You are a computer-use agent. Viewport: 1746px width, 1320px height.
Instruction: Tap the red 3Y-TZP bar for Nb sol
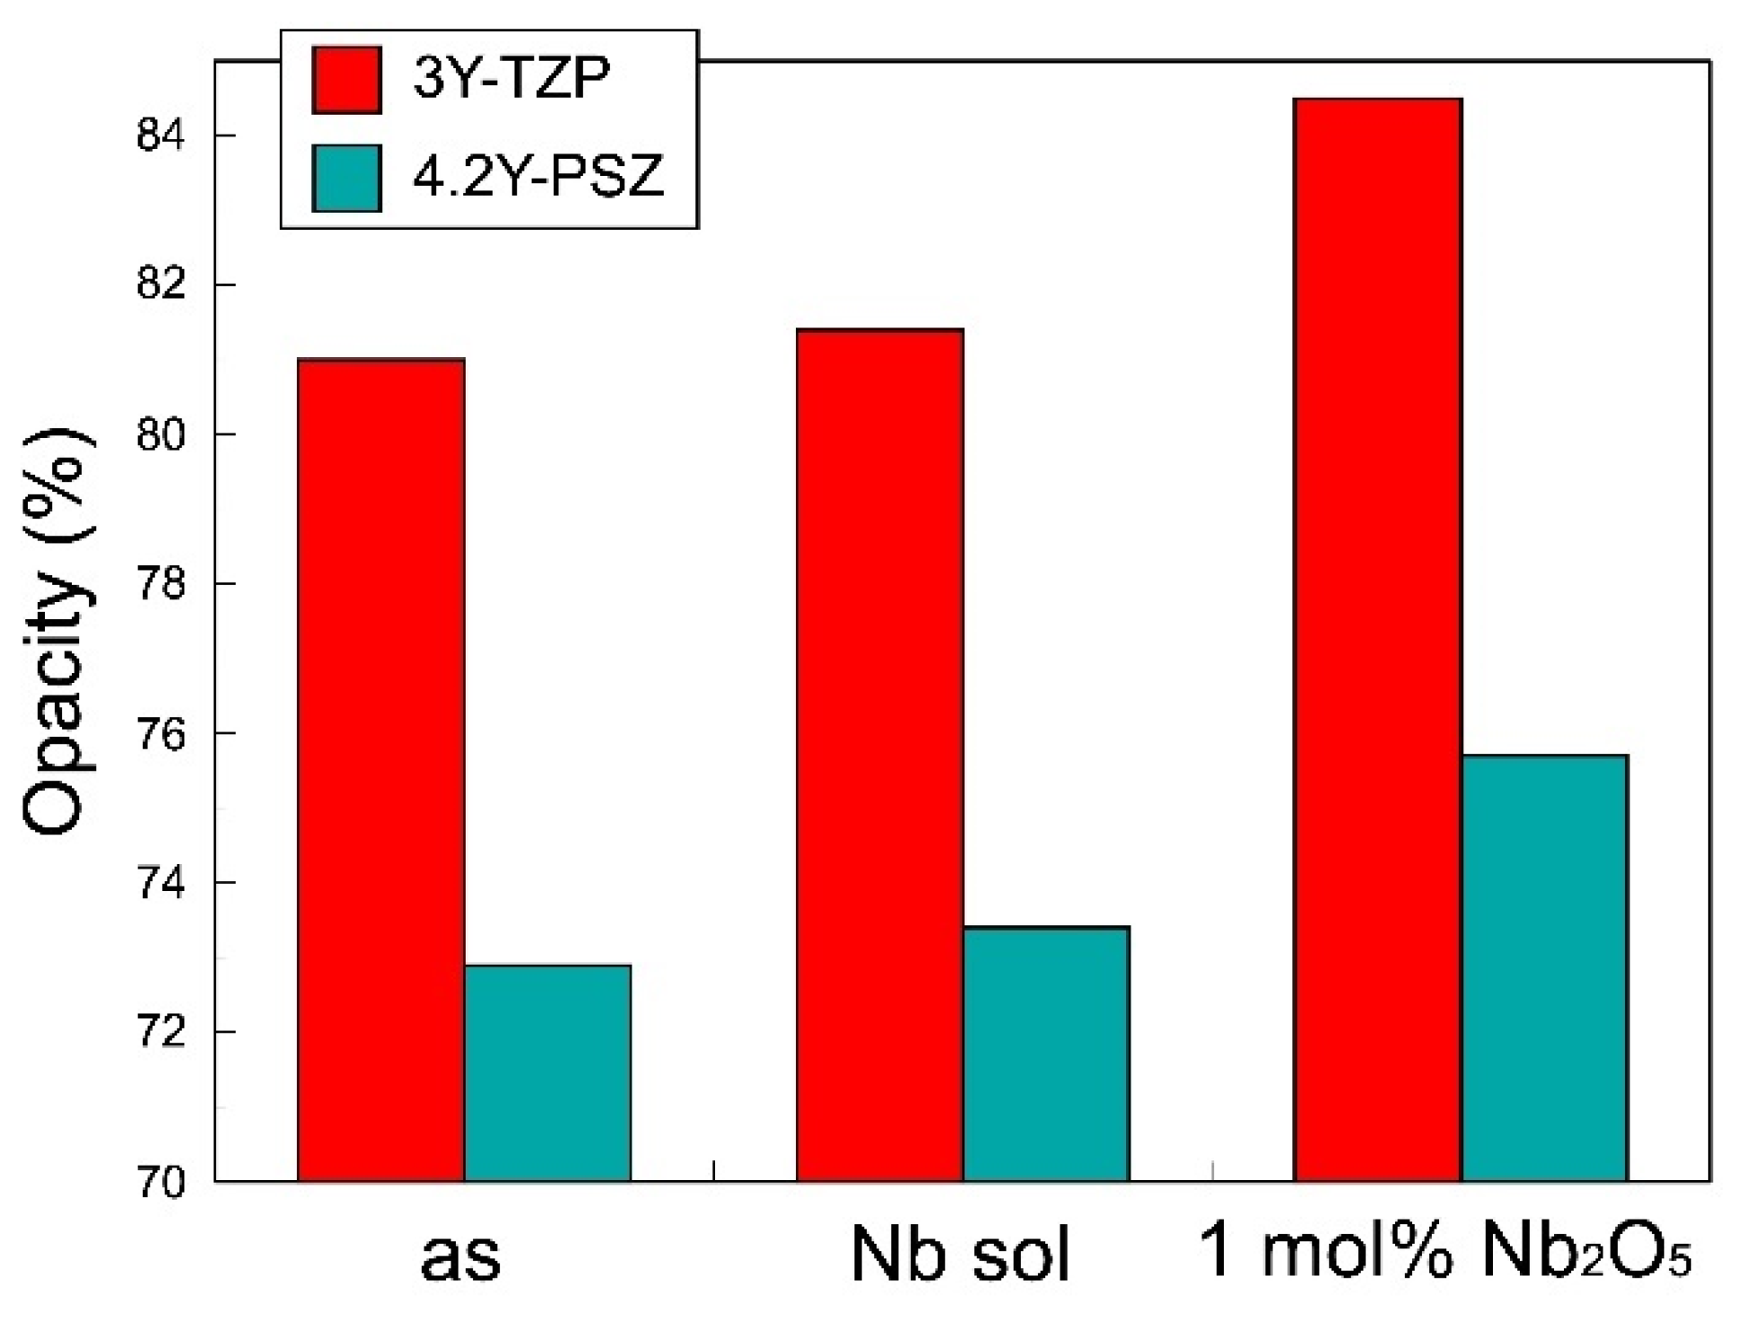[x=879, y=755]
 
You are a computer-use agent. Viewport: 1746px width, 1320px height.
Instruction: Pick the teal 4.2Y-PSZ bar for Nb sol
[x=1046, y=1053]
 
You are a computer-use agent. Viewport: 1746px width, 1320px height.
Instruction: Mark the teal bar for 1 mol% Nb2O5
[x=1545, y=968]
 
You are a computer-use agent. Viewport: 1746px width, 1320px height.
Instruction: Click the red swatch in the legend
[x=346, y=80]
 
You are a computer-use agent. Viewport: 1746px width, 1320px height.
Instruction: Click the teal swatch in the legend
[x=346, y=178]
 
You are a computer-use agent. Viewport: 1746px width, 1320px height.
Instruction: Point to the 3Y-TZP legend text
[x=511, y=79]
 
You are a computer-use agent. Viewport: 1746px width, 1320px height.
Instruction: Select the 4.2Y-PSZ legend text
[x=538, y=176]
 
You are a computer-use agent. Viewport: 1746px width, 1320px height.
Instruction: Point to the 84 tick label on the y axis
[x=161, y=136]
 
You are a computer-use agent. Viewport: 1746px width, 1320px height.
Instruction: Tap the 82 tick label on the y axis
[x=161, y=285]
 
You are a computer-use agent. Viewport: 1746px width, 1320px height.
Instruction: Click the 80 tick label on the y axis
[x=161, y=435]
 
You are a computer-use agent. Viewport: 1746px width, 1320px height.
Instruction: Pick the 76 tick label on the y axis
[x=161, y=734]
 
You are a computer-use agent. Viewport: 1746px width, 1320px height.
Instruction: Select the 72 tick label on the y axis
[x=161, y=1033]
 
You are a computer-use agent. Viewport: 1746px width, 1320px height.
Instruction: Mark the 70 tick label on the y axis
[x=161, y=1183]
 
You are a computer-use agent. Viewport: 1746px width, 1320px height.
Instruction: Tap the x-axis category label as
[x=460, y=1255]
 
